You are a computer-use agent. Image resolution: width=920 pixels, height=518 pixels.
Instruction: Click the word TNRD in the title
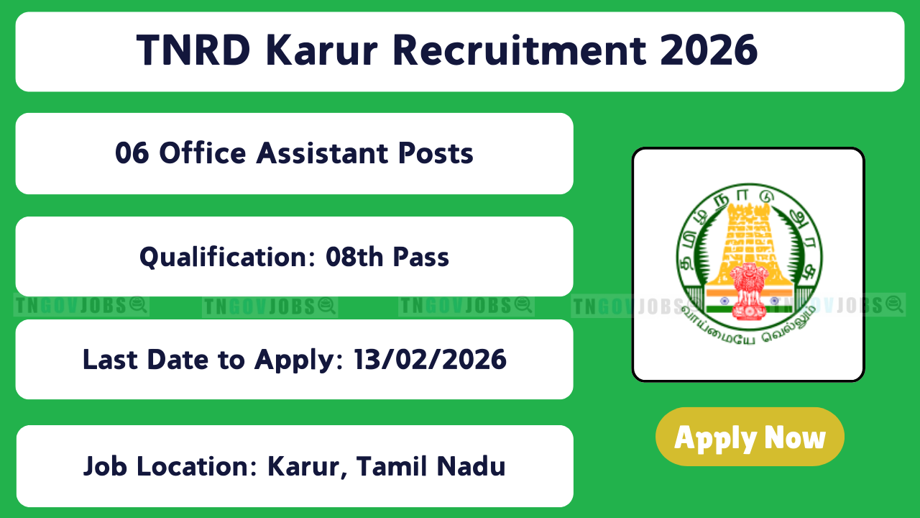193,50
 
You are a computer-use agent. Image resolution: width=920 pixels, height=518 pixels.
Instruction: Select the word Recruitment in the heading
520,50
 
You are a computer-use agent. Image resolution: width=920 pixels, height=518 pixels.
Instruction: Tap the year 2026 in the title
709,50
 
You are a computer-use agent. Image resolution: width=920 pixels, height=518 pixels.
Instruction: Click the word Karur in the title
321,50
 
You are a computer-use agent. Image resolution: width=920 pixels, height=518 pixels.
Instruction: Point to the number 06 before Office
132,153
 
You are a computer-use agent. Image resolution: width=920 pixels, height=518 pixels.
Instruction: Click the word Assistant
322,153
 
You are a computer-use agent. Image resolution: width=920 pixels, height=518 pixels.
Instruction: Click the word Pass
421,258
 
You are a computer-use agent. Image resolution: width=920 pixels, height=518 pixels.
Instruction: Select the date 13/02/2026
430,360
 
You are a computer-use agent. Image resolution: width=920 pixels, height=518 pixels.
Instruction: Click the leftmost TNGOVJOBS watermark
81,306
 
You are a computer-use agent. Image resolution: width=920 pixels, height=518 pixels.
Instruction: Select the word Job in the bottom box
105,467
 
